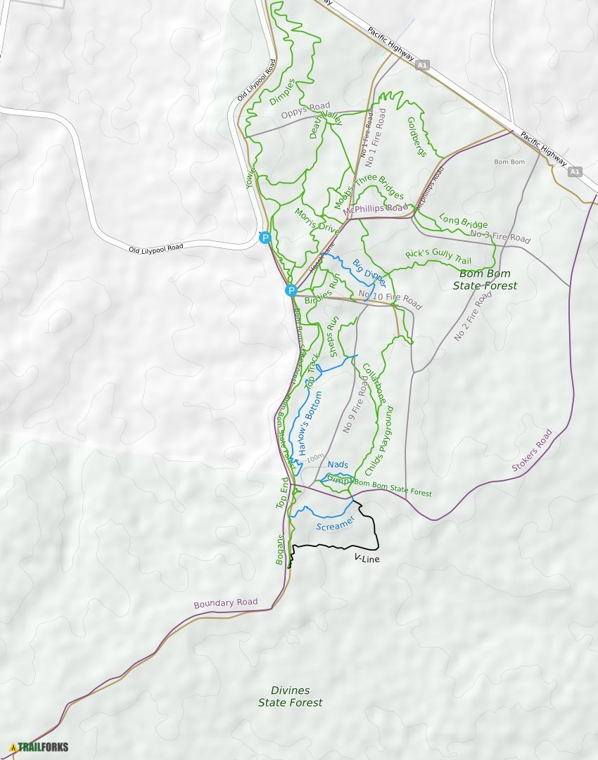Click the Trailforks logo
pos(39,747)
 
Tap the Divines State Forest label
pos(290,696)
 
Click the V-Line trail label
pos(367,558)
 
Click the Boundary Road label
pos(225,603)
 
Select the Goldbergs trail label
pos(417,136)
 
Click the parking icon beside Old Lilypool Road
pos(265,238)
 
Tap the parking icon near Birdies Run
pos(291,290)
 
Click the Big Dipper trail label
pos(369,273)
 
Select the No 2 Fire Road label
pos(472,317)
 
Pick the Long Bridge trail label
pos(463,221)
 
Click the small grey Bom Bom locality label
pos(509,162)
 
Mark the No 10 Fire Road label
pos(390,300)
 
